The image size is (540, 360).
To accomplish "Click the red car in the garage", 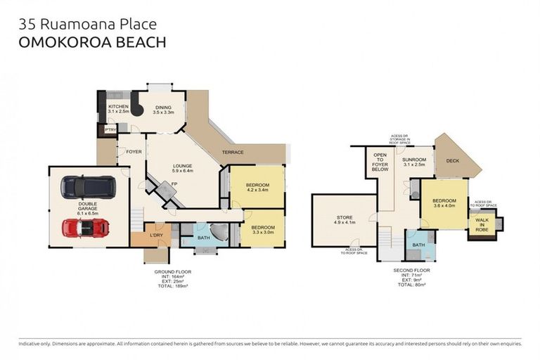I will click(85, 228).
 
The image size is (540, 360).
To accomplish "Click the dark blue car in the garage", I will click(85, 186).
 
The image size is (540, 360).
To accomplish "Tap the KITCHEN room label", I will click(118, 107).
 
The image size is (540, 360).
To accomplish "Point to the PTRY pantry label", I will click(110, 130).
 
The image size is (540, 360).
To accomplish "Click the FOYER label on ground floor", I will click(134, 151).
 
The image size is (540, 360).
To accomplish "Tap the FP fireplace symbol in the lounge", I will click(173, 184).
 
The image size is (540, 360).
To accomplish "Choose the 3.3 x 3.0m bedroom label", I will click(262, 229).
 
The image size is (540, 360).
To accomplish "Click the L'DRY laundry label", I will click(156, 235).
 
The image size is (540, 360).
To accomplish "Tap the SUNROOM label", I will click(414, 160).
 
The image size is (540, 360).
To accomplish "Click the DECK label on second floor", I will click(452, 161).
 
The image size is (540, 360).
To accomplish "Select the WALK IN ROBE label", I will click(482, 225).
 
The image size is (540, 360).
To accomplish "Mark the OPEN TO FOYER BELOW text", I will click(380, 162).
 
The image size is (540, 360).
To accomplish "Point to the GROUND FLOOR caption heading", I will click(172, 271).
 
